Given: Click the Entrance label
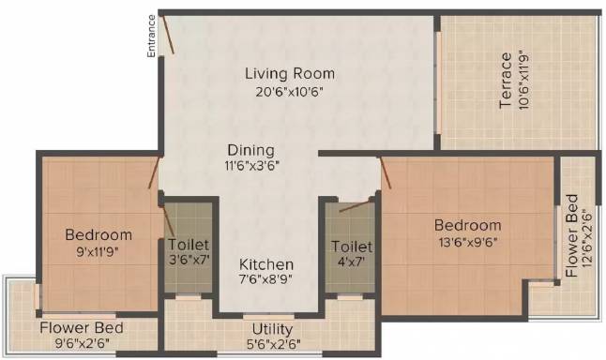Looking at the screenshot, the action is [152, 36].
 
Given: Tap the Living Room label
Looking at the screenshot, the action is [290, 73].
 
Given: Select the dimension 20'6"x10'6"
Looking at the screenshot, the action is [289, 92].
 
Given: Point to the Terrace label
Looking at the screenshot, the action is [506, 81].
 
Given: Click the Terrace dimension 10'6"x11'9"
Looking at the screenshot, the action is [523, 81].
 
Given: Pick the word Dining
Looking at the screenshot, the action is [250, 150].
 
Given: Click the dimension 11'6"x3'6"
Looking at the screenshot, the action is [252, 166].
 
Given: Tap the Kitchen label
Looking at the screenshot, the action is [266, 264].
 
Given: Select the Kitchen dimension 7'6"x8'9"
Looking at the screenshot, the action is [265, 278].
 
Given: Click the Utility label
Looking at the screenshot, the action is [272, 329].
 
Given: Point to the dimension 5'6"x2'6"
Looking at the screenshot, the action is [274, 344].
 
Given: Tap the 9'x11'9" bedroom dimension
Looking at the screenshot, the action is [97, 252].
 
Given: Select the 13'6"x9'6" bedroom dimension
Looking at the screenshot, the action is [468, 243].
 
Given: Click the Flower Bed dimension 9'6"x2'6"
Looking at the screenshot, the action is [82, 343].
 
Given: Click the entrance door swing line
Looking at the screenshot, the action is [168, 34].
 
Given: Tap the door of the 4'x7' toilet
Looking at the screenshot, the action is [355, 206].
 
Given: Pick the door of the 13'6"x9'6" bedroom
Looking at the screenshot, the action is [386, 172].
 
